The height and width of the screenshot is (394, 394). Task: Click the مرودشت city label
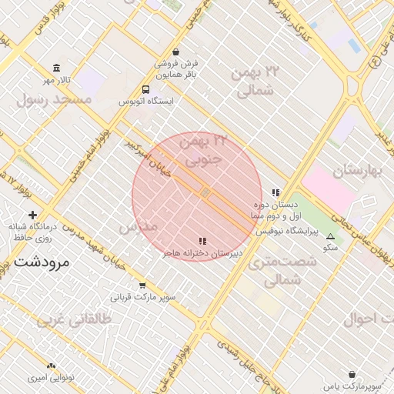click(42, 262)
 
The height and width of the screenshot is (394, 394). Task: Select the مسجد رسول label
click(54, 99)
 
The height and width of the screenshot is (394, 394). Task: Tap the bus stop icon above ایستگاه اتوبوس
click(146, 88)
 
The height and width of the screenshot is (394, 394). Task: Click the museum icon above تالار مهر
click(56, 68)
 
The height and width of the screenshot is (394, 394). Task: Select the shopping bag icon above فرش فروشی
click(178, 51)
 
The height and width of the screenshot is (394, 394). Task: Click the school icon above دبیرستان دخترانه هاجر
click(202, 241)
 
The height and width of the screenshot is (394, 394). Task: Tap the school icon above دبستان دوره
click(275, 193)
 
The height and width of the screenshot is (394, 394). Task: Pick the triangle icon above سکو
click(331, 237)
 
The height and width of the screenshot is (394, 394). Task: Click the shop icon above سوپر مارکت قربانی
click(142, 284)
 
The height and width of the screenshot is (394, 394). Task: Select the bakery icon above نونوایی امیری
click(51, 366)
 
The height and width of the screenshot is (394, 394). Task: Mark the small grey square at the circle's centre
click(205, 192)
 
